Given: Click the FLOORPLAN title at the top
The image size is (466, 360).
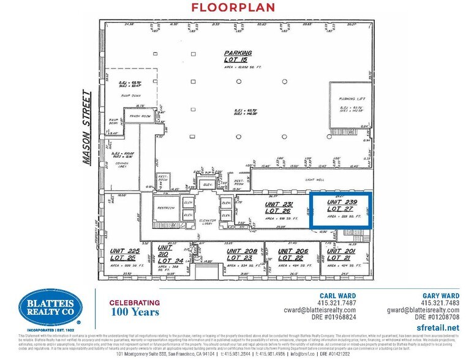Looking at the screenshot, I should pos(233,8).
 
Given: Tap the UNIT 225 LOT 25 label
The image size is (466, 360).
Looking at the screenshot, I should pos(125,254).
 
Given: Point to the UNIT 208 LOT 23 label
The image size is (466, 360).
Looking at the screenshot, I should pos(241,254).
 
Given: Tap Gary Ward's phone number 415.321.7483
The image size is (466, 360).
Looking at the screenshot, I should pos(441,302).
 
